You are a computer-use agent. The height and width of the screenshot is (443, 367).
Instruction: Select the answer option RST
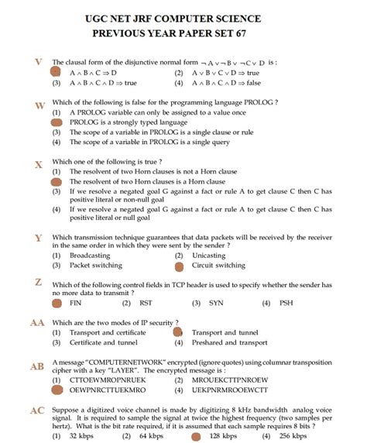pos(146,304)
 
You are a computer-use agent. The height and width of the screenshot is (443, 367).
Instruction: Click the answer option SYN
pos(216,304)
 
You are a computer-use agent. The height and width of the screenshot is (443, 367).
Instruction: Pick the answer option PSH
pos(286,304)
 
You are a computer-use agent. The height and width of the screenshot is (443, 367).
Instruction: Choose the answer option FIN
pos(76,304)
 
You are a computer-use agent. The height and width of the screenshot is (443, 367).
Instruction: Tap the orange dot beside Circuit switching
pos(179,266)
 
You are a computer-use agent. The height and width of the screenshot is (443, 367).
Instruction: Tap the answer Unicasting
pos(208,255)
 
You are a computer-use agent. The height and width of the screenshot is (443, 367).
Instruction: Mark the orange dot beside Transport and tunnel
pos(177,331)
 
